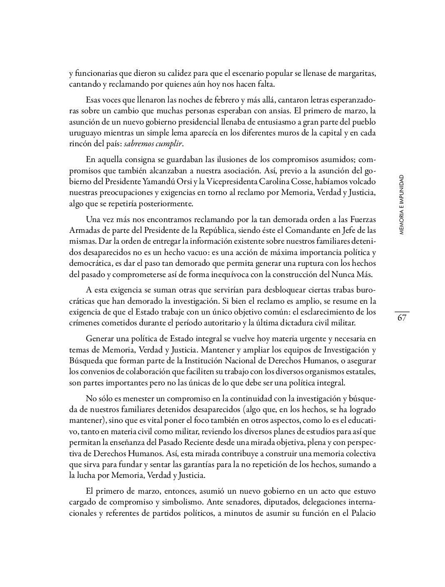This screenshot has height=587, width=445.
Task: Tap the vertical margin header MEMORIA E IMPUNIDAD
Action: coord(401,205)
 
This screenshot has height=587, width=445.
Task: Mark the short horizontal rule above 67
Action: coord(402,311)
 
